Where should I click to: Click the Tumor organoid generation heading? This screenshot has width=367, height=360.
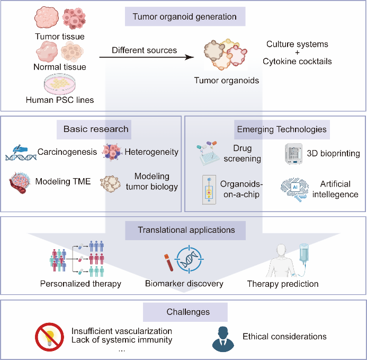pos(185,16)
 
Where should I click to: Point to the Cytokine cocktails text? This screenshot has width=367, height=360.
pos(297,62)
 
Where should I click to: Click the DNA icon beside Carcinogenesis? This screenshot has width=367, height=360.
pos(21,152)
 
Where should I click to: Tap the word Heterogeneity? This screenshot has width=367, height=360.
pos(151,152)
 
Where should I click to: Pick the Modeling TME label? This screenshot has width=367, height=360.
pos(62,181)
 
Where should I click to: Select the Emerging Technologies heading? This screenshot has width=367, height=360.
pos(281,129)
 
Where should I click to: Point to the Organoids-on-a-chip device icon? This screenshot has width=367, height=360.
pos(209,190)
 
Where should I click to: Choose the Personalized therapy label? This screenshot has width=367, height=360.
pos(80,284)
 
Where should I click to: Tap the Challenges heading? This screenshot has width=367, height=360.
pos(185,312)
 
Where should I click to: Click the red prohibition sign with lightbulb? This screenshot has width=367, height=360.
pos(49,336)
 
